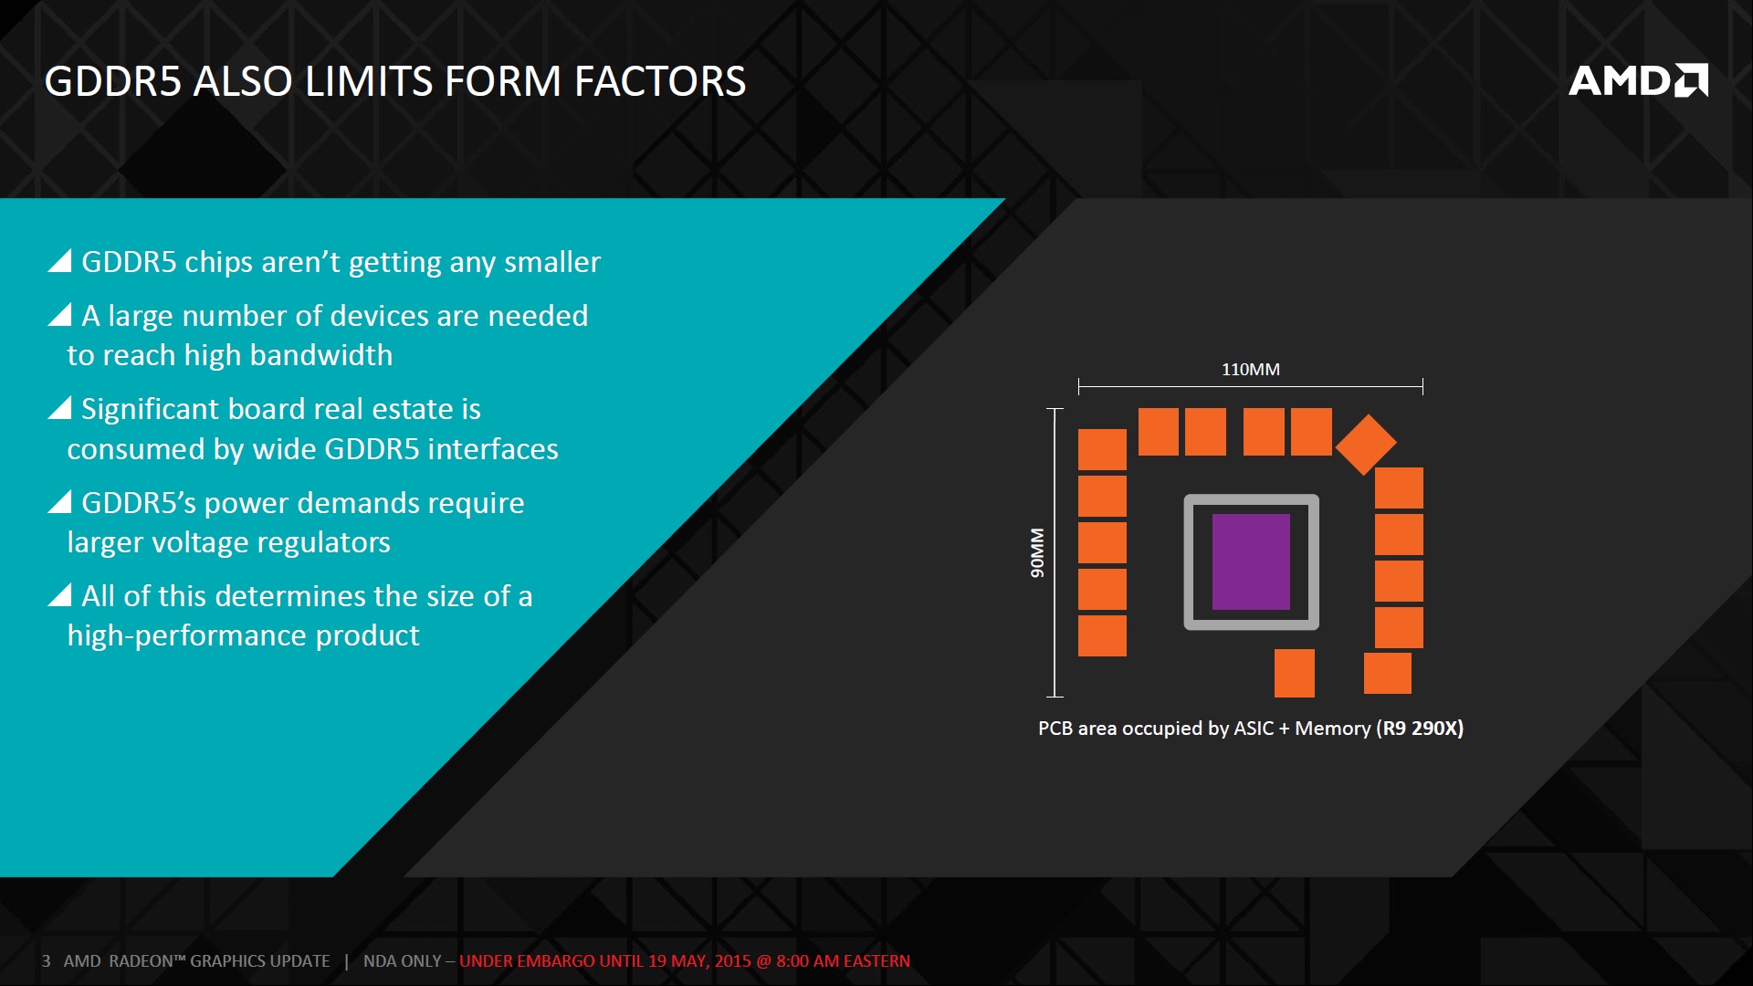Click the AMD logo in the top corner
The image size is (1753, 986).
[x=1638, y=80]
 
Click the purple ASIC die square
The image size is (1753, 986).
[x=1251, y=561]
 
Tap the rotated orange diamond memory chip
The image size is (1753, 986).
[x=1366, y=445]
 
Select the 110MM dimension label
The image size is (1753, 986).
[x=1251, y=370]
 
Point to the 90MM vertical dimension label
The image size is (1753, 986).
[x=1037, y=552]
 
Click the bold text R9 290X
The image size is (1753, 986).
[x=1420, y=729]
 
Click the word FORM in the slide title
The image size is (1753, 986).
[x=502, y=81]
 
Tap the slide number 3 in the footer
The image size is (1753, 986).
[x=46, y=961]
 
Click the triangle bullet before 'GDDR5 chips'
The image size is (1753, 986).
[x=60, y=261]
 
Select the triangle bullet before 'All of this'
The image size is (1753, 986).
[x=60, y=595]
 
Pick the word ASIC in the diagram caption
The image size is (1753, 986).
[x=1254, y=729]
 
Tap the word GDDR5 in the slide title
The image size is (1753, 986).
[x=112, y=81]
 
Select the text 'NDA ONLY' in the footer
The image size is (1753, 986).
[x=403, y=961]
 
